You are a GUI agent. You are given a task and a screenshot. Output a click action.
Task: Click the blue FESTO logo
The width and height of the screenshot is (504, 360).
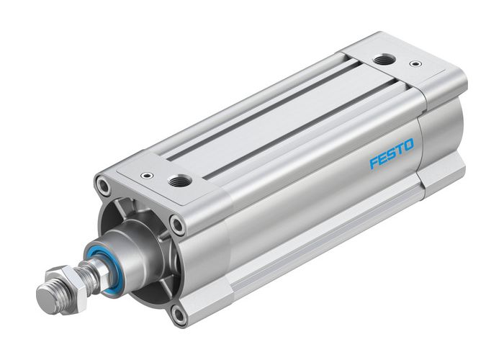pos(392,153)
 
